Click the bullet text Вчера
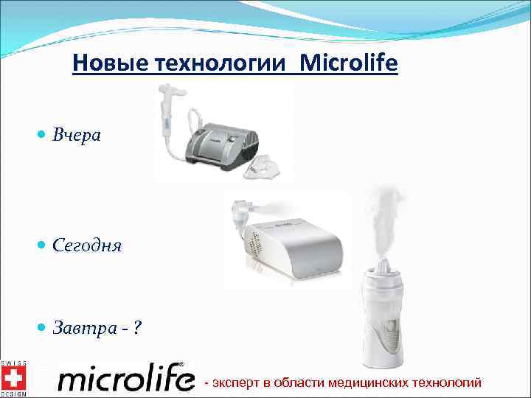(x=77, y=136)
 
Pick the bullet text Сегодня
(x=87, y=245)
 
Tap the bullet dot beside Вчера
(x=41, y=136)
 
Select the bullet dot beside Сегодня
(x=41, y=245)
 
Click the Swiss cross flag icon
(x=13, y=378)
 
